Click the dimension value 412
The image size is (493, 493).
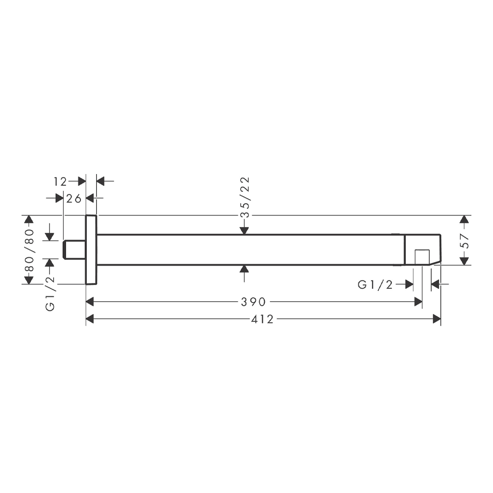coord(262,319)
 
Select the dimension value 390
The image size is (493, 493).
coord(253,302)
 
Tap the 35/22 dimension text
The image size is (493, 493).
coord(245,198)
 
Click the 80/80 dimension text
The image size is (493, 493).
coord(29,250)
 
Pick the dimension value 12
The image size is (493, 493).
coord(60,182)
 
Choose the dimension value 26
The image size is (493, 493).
coord(74,199)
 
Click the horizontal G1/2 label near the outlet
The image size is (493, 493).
coord(375,285)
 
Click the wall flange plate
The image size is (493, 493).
coord(91,250)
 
